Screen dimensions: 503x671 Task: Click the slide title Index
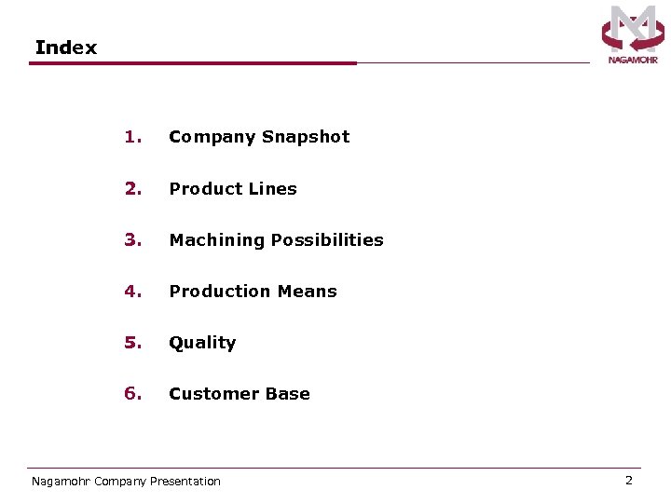coord(65,48)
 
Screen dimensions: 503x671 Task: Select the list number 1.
coord(132,137)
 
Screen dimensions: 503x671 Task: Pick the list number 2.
coord(132,189)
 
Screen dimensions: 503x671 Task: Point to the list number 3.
coord(132,240)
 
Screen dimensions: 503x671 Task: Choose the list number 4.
coord(132,292)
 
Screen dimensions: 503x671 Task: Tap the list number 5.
coord(132,343)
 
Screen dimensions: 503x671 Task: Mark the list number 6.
coord(132,394)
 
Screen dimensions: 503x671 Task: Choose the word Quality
coord(202,343)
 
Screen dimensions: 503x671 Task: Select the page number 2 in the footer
coord(628,481)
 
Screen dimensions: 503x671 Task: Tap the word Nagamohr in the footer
coord(61,482)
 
